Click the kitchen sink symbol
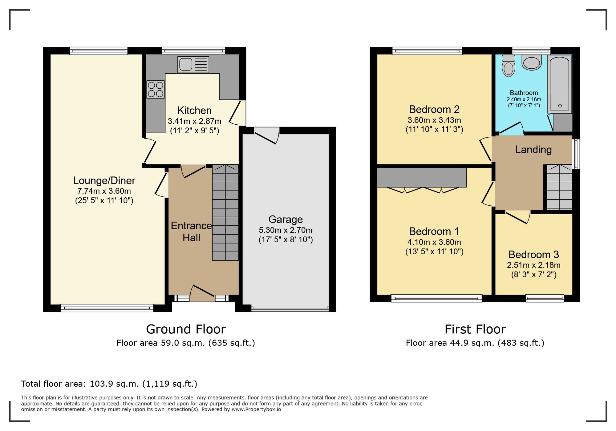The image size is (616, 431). pyautogui.click(x=193, y=65)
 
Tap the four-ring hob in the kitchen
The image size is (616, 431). pyautogui.click(x=155, y=89)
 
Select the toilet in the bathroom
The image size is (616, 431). pyautogui.click(x=508, y=66)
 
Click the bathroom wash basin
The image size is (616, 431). pyautogui.click(x=531, y=62)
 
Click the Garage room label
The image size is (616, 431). pyautogui.click(x=286, y=219)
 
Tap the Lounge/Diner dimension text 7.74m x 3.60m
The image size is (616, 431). pyautogui.click(x=104, y=191)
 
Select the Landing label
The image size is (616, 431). pyautogui.click(x=533, y=150)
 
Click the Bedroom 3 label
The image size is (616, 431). pyautogui.click(x=533, y=255)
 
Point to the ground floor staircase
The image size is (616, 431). pyautogui.click(x=225, y=212)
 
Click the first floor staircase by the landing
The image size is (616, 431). pyautogui.click(x=559, y=188)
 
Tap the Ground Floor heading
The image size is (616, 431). pyautogui.click(x=186, y=329)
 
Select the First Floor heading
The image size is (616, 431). pyautogui.click(x=475, y=329)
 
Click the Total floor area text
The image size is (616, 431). pyautogui.click(x=109, y=384)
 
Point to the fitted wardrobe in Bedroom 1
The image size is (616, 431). pyautogui.click(x=421, y=178)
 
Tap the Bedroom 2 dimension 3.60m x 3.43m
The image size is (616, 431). pyautogui.click(x=434, y=120)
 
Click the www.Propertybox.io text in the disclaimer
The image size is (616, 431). pyautogui.click(x=256, y=409)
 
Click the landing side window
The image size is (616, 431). pyautogui.click(x=576, y=154)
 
